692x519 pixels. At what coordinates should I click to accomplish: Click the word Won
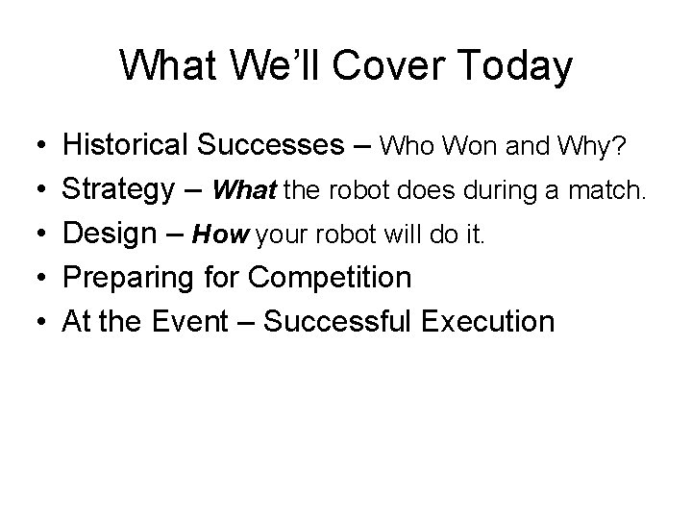466,147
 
